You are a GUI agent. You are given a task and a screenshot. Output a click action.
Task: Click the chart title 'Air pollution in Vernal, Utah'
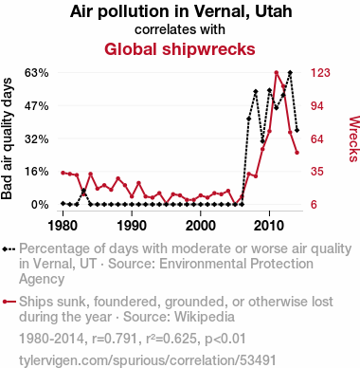pos(181,11)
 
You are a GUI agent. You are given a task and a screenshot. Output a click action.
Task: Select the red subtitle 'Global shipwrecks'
pos(180,49)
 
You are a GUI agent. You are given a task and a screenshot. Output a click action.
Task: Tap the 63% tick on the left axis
pos(37,73)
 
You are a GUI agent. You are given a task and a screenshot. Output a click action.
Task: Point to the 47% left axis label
pos(37,106)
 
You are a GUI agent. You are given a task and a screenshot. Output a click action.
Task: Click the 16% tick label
pos(37,172)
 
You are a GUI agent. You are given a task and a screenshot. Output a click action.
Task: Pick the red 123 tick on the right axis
pos(320,73)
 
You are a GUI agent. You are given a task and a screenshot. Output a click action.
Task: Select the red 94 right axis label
pos(317,106)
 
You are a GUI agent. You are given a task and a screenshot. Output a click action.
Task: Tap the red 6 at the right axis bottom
pos(314,205)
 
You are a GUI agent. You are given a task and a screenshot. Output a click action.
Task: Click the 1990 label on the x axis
pos(132,226)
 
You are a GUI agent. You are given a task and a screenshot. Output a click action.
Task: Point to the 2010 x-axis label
pos(269,226)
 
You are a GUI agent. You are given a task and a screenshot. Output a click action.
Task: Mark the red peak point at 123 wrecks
pos(277,73)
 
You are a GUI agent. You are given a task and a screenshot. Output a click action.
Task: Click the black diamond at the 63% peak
pos(290,73)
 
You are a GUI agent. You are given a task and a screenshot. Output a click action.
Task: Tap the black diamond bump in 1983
pos(83,191)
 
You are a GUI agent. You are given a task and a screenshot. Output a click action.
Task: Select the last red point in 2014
pos(297,153)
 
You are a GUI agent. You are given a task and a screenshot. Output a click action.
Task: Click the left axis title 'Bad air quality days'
pos(7,138)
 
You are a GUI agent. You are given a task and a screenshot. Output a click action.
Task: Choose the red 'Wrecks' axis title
pos(353,138)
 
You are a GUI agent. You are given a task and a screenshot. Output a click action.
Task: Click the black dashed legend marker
pos(9,249)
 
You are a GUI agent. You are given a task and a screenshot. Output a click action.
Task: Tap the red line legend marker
pos(9,302)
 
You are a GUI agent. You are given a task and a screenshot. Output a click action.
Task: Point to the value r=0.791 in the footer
pos(115,339)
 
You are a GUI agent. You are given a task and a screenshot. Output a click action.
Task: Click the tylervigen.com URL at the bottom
pos(148,360)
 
